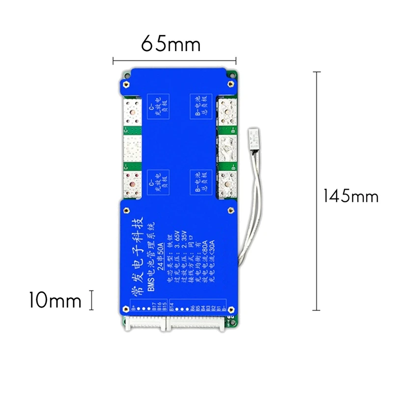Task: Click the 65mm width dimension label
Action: point(170,44)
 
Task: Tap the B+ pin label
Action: point(134,310)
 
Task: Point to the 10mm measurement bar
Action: point(91,300)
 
